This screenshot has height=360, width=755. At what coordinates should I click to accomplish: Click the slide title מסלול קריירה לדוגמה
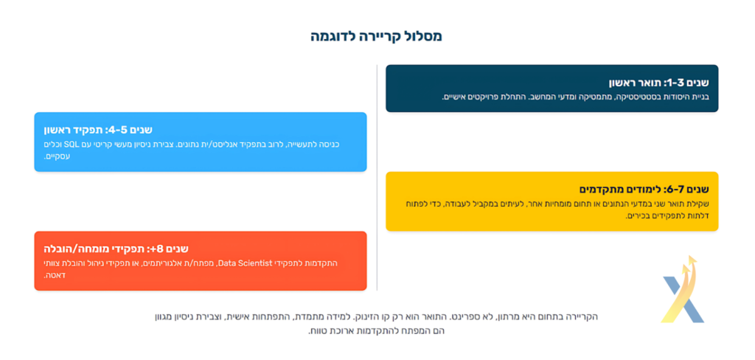tap(376, 37)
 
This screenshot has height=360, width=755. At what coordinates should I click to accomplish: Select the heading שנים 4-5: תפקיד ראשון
tap(98, 130)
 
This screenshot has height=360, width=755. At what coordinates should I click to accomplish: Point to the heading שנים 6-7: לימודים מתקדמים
tap(644, 189)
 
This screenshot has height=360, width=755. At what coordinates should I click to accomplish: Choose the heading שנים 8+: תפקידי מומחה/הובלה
tap(116, 249)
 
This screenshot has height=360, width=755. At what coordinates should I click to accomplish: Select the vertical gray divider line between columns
tap(377, 177)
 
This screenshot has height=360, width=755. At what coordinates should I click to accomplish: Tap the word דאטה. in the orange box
tap(52, 276)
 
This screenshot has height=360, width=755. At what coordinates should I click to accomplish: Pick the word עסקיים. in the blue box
tap(58, 156)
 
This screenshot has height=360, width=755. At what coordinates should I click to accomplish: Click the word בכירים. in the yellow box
tap(639, 216)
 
